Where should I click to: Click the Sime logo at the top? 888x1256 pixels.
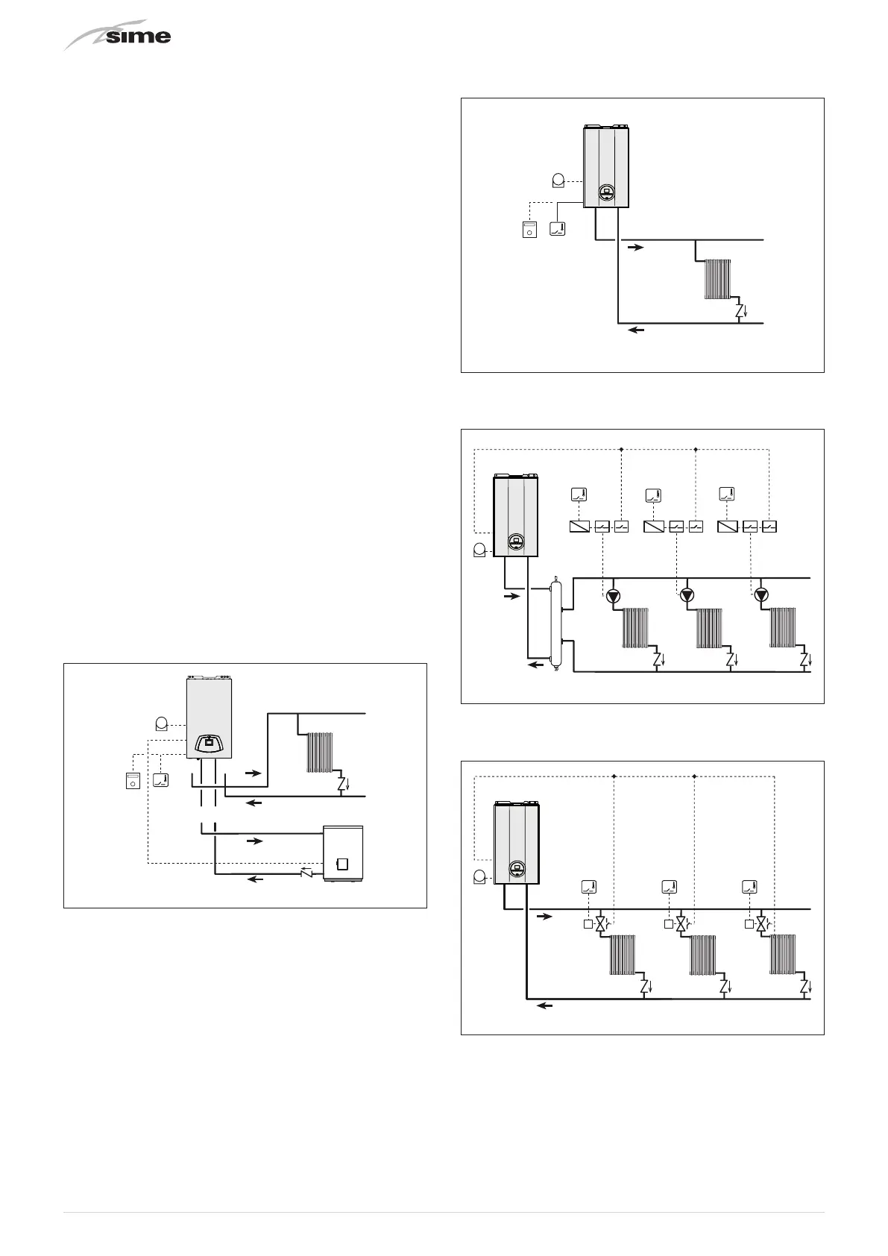pyautogui.click(x=119, y=37)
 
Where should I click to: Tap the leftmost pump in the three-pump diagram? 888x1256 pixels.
pyautogui.click(x=614, y=595)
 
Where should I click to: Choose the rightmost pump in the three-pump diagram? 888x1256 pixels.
pyautogui.click(x=761, y=595)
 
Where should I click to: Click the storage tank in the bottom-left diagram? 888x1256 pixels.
pyautogui.click(x=343, y=852)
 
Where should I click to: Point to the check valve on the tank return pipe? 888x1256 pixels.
pyautogui.click(x=306, y=872)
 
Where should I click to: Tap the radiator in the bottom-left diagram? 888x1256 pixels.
pyautogui.click(x=319, y=752)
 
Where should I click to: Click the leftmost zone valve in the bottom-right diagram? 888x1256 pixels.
pyautogui.click(x=600, y=924)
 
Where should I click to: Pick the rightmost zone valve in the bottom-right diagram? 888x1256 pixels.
pyautogui.click(x=761, y=924)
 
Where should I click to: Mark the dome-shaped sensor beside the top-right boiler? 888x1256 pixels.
pyautogui.click(x=557, y=180)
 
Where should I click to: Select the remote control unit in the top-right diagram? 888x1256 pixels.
pyautogui.click(x=529, y=229)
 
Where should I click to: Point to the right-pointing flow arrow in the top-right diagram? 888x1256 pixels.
pyautogui.click(x=635, y=247)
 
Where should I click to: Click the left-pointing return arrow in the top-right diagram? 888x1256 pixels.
pyautogui.click(x=635, y=330)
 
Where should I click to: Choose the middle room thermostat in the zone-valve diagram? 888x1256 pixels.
pyautogui.click(x=669, y=887)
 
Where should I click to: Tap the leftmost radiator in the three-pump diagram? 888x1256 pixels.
pyautogui.click(x=635, y=628)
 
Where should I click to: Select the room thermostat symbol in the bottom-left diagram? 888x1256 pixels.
pyautogui.click(x=160, y=780)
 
